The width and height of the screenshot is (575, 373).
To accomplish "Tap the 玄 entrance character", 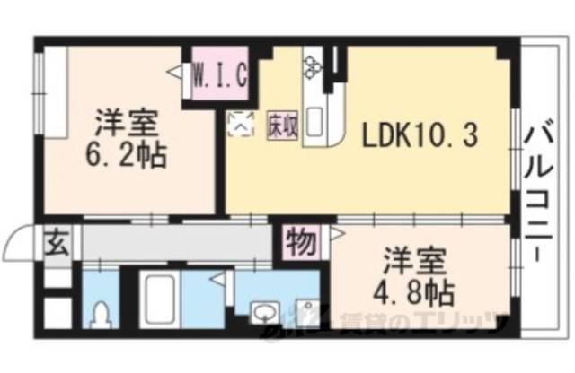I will (x=56, y=242).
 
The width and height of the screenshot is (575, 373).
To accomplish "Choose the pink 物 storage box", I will (x=300, y=241).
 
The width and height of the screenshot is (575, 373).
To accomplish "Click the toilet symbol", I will (x=101, y=316).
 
